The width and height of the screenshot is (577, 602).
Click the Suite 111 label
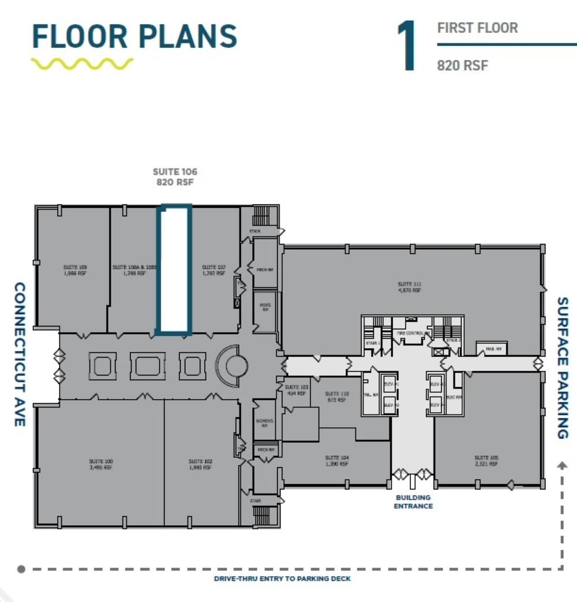pos(409,287)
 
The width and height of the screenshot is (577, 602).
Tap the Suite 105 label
pos(486,460)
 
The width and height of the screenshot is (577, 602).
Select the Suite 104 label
pos(336,460)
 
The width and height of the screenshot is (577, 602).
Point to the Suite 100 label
pos(100,464)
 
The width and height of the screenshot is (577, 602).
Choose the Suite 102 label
pos(200,464)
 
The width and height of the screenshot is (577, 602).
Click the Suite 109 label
pos(75,270)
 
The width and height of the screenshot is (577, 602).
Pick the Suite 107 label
pos(213,270)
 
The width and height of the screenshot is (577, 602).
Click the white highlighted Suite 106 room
pos(174,269)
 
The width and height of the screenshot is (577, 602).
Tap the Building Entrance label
pos(413,502)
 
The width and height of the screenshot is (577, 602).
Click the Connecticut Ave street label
pos(20,354)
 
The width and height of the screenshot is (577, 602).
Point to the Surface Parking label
pos(563,367)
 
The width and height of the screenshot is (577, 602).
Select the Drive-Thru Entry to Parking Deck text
pos(282,578)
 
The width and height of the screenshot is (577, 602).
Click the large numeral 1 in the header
pos(407,46)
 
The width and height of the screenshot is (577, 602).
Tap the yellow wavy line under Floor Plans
pos(82,63)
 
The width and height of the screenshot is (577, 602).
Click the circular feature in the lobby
pos(237,365)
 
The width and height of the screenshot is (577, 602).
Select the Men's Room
pos(265,309)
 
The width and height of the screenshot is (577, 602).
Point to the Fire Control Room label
pos(411,333)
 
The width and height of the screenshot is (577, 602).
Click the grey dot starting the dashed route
pos(21,569)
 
